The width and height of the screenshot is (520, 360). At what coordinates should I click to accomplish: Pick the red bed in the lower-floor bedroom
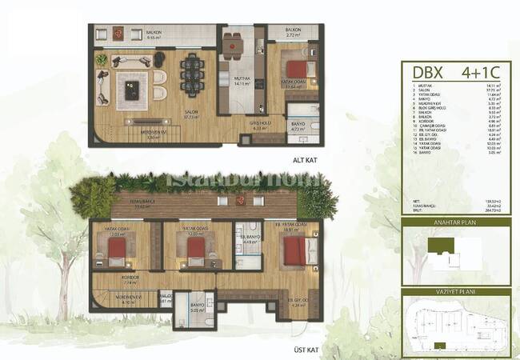pyautogui.click(x=294, y=69)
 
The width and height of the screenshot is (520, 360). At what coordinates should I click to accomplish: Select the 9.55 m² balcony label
pyautogui.click(x=154, y=35)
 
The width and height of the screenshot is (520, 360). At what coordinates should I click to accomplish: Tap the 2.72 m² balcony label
pyautogui.click(x=292, y=34)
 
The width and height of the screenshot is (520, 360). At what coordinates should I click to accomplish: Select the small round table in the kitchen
pyautogui.click(x=232, y=47)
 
